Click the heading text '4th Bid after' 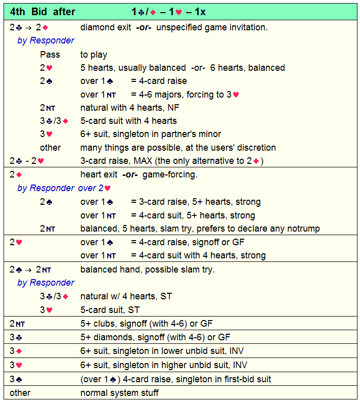pyautogui.click(x=42, y=12)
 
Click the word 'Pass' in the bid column pyautogui.click(x=50, y=54)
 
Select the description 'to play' pyautogui.click(x=94, y=54)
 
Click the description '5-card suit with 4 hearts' pyautogui.click(x=128, y=121)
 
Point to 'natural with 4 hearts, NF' pyautogui.click(x=128, y=107)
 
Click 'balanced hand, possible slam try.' pyautogui.click(x=148, y=270)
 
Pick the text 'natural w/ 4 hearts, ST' pyautogui.click(x=126, y=296)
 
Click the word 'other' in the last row pyautogui.click(x=20, y=393)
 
